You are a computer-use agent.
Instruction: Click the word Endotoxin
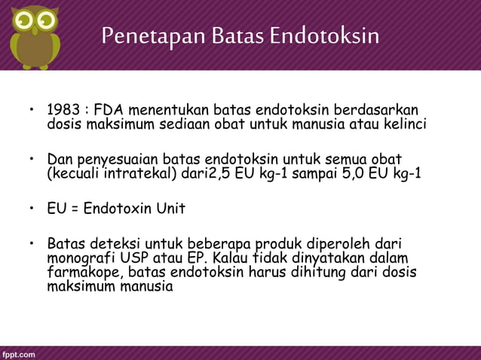116,209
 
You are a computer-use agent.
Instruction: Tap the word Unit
170,209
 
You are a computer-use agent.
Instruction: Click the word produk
282,244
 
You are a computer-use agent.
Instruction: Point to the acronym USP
136,258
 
